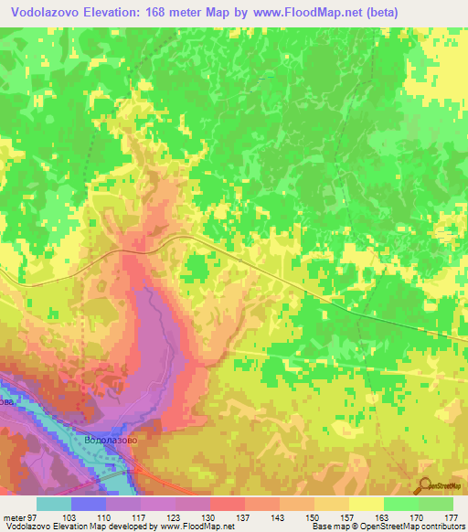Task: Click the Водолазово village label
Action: (111, 439)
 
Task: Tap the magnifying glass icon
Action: (424, 486)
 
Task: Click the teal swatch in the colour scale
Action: (53, 504)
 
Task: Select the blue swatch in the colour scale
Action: (88, 504)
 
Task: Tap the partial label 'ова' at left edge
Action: (7, 401)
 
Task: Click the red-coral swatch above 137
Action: (227, 504)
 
